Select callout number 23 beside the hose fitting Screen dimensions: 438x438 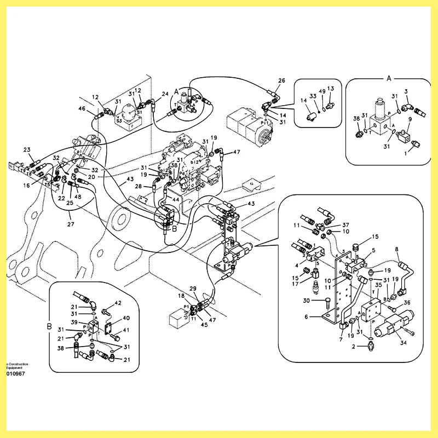coord(27,149)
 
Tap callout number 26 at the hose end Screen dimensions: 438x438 coord(281,80)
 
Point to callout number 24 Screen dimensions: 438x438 coord(165,94)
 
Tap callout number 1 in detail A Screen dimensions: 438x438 coord(405,154)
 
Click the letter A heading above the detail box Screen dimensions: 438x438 coord(389,78)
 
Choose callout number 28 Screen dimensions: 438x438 coord(139,187)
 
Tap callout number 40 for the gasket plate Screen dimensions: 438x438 coord(126,318)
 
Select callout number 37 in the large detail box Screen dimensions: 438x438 coord(345,225)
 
